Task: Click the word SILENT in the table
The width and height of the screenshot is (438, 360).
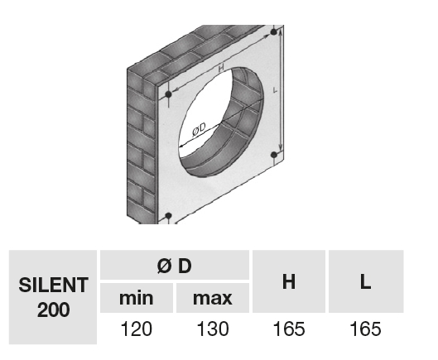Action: click(x=53, y=285)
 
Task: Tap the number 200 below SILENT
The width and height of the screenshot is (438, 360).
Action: click(x=53, y=310)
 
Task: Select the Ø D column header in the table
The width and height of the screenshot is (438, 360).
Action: click(x=175, y=266)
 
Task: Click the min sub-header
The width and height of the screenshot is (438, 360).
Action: click(x=137, y=298)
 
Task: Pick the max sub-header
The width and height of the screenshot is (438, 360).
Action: click(x=213, y=298)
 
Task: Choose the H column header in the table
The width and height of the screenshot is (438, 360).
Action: click(x=289, y=282)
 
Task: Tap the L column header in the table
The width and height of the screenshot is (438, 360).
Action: click(x=365, y=282)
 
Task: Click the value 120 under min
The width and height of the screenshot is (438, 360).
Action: click(x=137, y=329)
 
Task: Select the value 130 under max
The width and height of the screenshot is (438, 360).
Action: click(x=213, y=329)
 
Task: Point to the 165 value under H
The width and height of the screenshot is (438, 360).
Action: click(x=289, y=329)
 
